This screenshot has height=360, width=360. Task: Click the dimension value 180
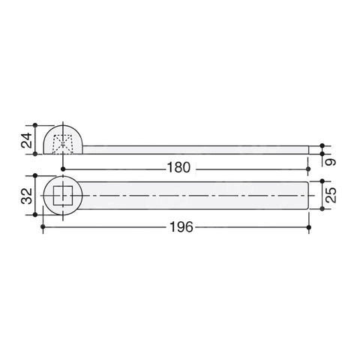178,167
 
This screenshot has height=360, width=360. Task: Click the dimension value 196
181,227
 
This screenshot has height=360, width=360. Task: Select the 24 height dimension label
27,140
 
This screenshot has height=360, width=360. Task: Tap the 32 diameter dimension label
27,196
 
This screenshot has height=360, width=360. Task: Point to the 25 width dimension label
331,195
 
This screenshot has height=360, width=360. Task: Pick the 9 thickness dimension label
331,162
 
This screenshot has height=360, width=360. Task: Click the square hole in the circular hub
63,195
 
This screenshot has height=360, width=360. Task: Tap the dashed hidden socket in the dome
63,144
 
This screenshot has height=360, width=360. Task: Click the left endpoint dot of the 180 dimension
63,169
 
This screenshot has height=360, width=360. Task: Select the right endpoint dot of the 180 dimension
308,169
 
